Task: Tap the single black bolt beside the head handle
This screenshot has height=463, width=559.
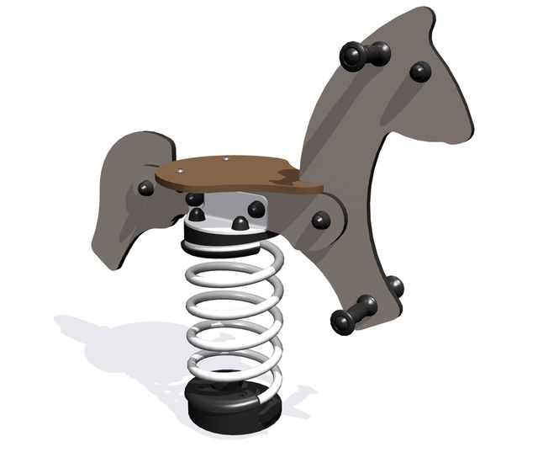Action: (420, 72)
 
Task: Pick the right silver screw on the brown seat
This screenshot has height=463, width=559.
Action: (227, 157)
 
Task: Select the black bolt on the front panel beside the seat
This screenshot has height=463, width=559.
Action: (321, 221)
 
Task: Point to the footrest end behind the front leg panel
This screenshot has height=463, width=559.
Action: (395, 287)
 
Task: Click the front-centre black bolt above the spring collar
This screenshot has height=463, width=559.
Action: (240, 224)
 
